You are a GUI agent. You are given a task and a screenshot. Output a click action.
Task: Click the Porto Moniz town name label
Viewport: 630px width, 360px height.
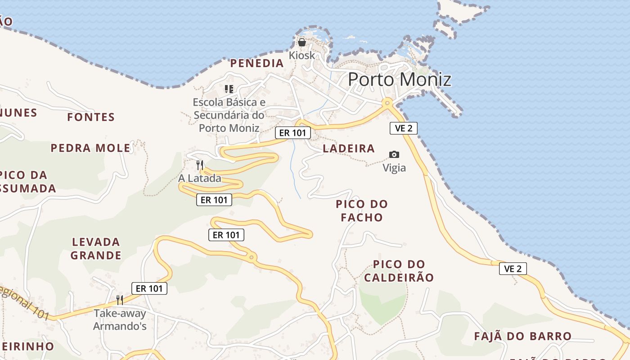click(x=400, y=80)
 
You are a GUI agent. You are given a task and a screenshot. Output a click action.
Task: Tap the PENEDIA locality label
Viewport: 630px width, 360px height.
click(x=257, y=63)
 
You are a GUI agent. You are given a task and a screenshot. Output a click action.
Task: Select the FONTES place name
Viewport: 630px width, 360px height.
click(x=91, y=117)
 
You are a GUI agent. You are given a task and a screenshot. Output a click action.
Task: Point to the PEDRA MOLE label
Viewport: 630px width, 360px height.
click(x=90, y=148)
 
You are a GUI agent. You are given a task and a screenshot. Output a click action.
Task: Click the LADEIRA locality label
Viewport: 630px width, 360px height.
click(x=349, y=148)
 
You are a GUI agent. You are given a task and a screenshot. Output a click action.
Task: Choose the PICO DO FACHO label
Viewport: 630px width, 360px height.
click(x=362, y=211)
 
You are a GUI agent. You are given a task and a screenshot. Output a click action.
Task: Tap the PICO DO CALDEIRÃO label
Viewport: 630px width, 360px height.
click(x=399, y=271)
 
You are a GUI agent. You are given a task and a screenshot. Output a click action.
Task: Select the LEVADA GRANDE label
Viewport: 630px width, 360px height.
click(x=96, y=249)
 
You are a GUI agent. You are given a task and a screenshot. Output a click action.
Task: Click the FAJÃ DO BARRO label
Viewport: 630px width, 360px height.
click(x=523, y=336)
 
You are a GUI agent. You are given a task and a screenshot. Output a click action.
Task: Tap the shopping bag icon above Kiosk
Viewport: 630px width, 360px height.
click(x=301, y=42)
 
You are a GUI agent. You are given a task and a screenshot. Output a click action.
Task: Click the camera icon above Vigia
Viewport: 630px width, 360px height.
click(x=394, y=154)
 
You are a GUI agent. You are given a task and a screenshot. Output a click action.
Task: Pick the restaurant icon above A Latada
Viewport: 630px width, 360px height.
click(x=200, y=165)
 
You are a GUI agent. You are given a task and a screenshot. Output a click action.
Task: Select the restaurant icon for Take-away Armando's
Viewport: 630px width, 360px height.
click(x=120, y=300)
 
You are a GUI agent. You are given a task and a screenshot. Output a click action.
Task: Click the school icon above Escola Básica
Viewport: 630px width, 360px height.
click(x=229, y=89)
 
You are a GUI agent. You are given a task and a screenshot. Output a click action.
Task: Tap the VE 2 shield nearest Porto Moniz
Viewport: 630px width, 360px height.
click(x=403, y=128)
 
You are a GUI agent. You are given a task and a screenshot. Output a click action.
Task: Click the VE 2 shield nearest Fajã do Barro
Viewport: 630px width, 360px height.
click(x=513, y=269)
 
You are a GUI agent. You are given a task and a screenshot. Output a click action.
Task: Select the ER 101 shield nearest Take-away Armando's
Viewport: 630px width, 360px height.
click(x=149, y=288)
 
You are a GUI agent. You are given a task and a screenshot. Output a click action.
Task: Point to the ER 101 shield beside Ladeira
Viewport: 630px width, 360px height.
click(x=293, y=133)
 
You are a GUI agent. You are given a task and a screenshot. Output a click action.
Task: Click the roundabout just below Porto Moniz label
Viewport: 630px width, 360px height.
click(x=387, y=103)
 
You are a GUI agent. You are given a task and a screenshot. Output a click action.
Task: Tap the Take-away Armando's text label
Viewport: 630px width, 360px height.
click(x=120, y=319)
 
